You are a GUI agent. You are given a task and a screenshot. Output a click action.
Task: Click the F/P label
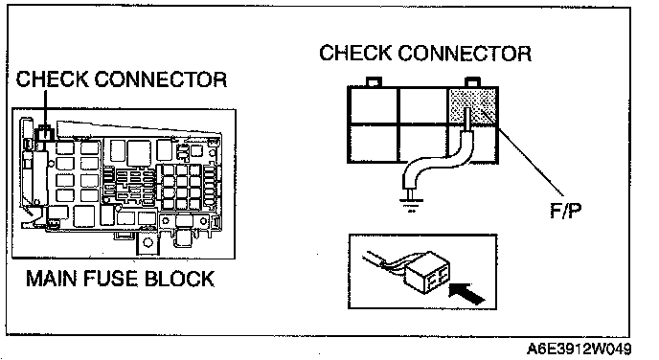click(x=566, y=210)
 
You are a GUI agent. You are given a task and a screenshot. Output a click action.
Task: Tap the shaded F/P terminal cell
click(x=473, y=106)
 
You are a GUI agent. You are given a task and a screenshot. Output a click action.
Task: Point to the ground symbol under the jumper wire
click(x=410, y=204)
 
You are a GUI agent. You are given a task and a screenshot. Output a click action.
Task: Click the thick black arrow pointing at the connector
click(x=467, y=293)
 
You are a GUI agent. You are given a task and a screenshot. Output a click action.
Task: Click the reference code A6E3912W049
click(x=579, y=349)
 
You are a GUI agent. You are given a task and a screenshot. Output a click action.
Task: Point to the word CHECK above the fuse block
click(x=52, y=79)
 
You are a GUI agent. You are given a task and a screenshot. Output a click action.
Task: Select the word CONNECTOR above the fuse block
click(x=161, y=79)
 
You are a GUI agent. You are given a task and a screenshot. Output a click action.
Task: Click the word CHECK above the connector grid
click(x=355, y=54)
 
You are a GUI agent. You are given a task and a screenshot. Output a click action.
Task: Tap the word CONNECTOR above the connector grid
click(x=465, y=54)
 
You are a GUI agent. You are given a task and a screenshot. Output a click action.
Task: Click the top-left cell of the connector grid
click(x=373, y=105)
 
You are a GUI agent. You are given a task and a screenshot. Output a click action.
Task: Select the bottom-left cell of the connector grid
click(x=373, y=143)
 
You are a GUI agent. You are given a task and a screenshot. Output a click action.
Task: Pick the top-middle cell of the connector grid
click(x=422, y=105)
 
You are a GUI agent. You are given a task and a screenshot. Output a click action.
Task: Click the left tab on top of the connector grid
click(x=374, y=81)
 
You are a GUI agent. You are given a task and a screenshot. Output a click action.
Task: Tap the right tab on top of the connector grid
click(x=472, y=81)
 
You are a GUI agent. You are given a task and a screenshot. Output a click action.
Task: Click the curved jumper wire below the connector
click(x=437, y=163)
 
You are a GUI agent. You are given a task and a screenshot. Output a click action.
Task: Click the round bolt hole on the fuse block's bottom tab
click(x=148, y=242)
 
